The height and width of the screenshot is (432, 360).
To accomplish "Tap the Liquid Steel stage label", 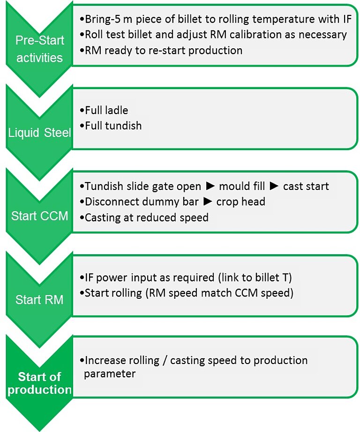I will tap(39, 133).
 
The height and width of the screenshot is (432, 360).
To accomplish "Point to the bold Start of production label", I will tap(39, 383).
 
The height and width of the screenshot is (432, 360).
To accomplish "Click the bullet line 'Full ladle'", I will tap(106, 111).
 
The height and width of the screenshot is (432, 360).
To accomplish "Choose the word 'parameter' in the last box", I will tap(110, 374).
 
